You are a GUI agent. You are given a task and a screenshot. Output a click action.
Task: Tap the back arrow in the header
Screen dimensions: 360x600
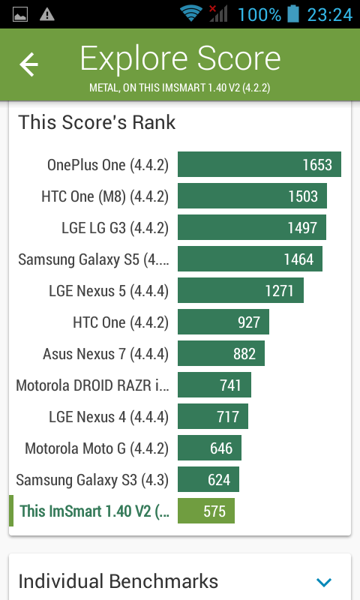pos(29,64)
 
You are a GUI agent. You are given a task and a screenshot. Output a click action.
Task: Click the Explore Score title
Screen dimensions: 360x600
pos(180,59)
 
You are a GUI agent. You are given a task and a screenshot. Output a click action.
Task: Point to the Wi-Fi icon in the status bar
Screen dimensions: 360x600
pos(191,14)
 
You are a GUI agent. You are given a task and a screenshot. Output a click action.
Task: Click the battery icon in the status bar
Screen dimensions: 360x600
pos(293,13)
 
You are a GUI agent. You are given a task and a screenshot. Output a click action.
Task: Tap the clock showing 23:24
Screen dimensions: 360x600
pos(330,15)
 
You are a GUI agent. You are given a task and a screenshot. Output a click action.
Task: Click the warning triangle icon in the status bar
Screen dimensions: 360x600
pos(47,14)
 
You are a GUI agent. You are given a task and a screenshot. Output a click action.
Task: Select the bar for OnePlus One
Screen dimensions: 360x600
pos(259,164)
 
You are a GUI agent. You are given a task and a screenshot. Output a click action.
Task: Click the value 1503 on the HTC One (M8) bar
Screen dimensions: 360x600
pos(303,196)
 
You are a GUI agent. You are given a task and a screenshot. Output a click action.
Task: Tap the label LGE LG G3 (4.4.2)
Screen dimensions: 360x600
pos(115,228)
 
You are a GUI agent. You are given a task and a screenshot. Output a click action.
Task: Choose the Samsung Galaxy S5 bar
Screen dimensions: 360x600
pos(250,259)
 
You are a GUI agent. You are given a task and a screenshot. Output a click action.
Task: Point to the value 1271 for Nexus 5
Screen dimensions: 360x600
pos(279,291)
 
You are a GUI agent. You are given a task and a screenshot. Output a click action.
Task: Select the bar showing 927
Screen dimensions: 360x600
pos(223,322)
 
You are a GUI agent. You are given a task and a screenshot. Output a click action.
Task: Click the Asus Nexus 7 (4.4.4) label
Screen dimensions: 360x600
pos(106,354)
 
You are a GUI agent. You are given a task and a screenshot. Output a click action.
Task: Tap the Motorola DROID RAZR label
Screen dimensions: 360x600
pos(92,385)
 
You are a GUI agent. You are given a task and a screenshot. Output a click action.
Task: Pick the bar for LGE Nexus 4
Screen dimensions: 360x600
pos(213,417)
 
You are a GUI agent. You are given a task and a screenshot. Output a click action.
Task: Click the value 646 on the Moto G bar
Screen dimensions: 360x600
pos(221,448)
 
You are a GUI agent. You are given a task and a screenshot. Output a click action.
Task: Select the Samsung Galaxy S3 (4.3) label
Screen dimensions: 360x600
pos(92,480)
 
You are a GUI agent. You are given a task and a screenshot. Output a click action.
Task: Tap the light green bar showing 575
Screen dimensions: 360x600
pos(206,511)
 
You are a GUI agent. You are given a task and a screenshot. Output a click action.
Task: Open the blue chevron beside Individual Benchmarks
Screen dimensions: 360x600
pos(324,582)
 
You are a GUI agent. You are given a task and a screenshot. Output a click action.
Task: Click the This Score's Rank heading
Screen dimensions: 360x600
pos(97,122)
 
